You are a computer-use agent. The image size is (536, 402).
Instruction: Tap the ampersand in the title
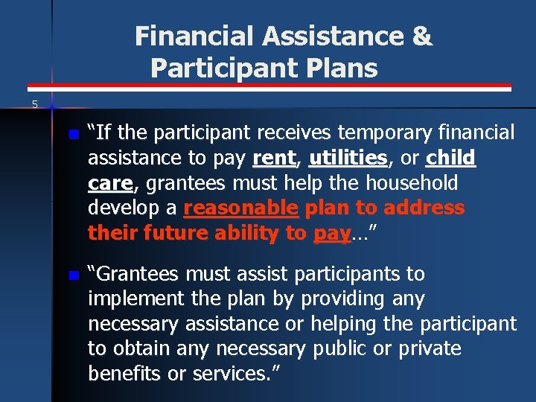[421, 36]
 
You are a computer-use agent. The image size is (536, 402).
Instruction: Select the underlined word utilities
[348, 158]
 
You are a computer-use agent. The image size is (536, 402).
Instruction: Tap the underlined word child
[450, 158]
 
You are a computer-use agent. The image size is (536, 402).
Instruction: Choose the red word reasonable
[240, 208]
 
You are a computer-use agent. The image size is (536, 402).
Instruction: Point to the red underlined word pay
[331, 234]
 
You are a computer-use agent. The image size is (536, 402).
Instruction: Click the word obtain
[140, 349]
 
